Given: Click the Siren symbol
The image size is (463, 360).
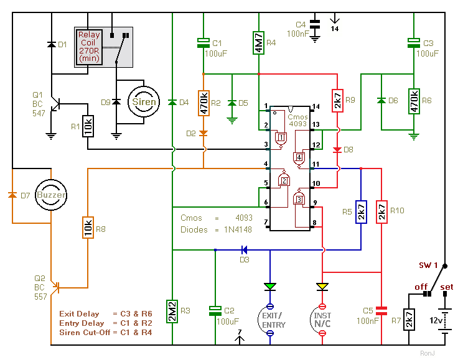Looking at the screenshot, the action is (x=144, y=102).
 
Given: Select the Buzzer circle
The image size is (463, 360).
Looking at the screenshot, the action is (x=51, y=195).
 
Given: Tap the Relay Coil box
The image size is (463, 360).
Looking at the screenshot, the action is (x=89, y=47).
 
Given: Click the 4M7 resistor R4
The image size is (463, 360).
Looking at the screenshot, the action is (x=259, y=43).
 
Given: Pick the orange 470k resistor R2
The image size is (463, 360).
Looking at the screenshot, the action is (x=203, y=103).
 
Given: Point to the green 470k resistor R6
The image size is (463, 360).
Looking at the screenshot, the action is (x=414, y=101).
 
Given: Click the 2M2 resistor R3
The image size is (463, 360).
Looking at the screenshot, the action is (x=172, y=312).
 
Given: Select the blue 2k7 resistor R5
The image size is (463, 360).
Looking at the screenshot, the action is (x=361, y=212).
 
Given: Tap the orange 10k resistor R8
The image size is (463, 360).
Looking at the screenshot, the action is (x=88, y=228).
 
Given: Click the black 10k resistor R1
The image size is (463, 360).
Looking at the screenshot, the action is (x=88, y=126).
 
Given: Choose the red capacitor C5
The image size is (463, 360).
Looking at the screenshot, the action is (x=381, y=311).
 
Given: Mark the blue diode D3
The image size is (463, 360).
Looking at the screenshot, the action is (x=244, y=250).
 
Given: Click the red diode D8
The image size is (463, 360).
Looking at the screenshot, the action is (x=337, y=150).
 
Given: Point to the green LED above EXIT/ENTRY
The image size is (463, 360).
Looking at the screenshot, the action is (x=270, y=287).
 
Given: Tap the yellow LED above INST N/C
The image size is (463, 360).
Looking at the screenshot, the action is (x=322, y=287).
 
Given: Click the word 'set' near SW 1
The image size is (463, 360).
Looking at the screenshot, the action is (x=446, y=287).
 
